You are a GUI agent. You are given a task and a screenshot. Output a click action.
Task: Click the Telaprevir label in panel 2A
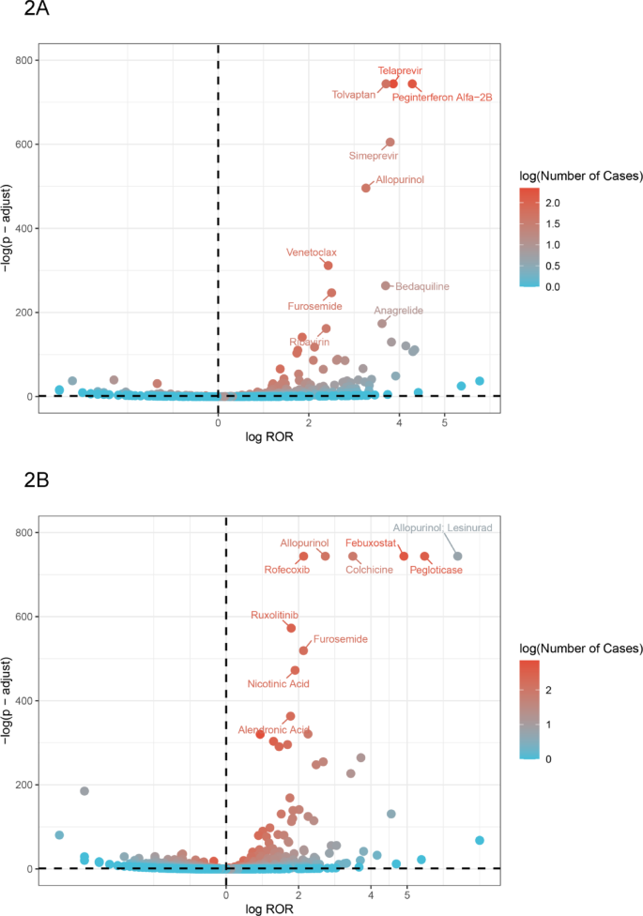[x=400, y=70]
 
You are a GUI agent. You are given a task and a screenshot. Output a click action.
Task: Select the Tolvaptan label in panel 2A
[x=354, y=94]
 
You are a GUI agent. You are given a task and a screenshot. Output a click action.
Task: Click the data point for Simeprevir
[x=390, y=143]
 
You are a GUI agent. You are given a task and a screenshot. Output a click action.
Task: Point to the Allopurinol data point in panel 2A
[x=366, y=188]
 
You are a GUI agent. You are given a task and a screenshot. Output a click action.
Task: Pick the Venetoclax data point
[x=329, y=266]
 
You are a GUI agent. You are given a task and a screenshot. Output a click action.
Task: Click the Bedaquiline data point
[x=385, y=285]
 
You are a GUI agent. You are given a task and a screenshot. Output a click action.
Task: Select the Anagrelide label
[x=399, y=311]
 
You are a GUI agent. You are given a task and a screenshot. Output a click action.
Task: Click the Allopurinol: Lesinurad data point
[x=457, y=556]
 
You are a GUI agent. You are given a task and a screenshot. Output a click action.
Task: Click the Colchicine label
[x=369, y=570]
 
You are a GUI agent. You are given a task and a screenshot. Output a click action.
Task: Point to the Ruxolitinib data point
[x=291, y=628]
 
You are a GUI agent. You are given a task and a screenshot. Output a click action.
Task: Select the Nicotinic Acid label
[x=278, y=683]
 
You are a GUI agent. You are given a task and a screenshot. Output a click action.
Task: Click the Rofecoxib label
[x=286, y=570]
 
